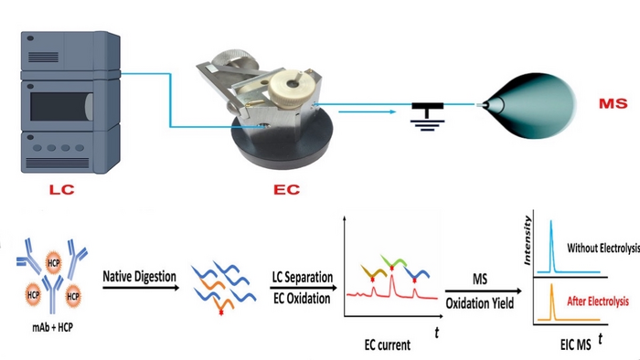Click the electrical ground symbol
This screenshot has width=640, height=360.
pos(422,116)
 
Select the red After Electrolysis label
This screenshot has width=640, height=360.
pos(599,297)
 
